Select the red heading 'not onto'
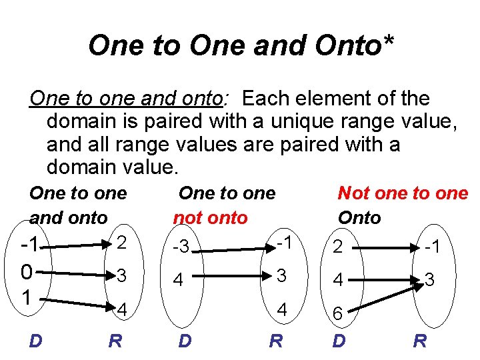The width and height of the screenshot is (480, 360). point(209,217)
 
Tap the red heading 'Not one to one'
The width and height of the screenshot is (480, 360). point(403,193)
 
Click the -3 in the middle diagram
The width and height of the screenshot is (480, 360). point(181,249)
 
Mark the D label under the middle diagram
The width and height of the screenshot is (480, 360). point(185,342)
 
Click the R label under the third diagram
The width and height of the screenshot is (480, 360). point(421,342)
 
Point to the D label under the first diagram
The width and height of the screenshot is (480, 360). point(37,342)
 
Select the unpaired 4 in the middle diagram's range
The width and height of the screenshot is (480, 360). point(282,309)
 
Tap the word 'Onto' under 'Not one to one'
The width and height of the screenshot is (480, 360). point(359,217)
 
